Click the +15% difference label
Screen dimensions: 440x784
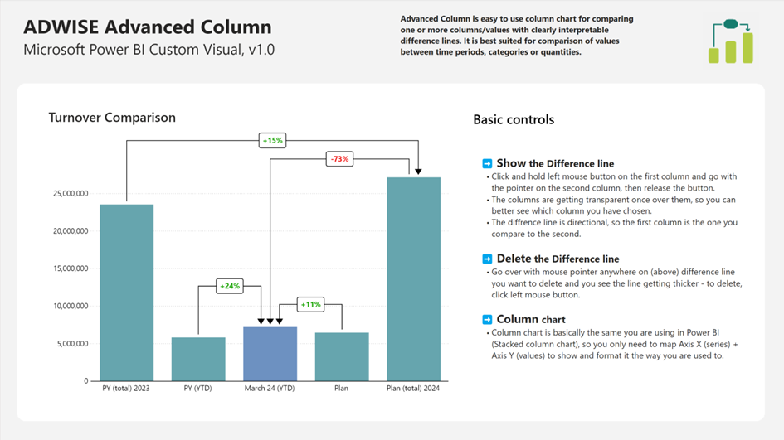click(x=272, y=141)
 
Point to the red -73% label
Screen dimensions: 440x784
click(x=339, y=158)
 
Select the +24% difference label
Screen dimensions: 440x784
click(x=229, y=286)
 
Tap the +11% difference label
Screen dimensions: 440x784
click(x=311, y=304)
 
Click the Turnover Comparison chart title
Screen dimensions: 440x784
click(x=112, y=118)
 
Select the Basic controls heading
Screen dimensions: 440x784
click(x=514, y=119)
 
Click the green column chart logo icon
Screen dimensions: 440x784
click(x=731, y=41)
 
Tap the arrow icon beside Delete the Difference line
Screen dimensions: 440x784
click(x=488, y=259)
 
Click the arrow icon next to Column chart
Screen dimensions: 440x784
click(x=488, y=320)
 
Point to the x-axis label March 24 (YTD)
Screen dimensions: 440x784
click(x=270, y=388)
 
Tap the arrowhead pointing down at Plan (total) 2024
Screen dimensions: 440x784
click(x=418, y=171)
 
